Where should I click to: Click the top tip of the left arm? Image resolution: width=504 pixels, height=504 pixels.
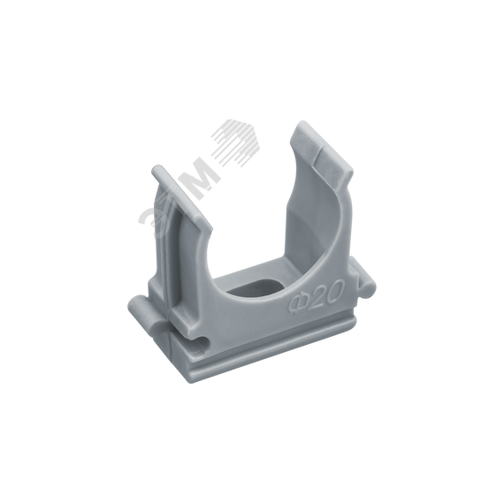pos(157,170)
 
